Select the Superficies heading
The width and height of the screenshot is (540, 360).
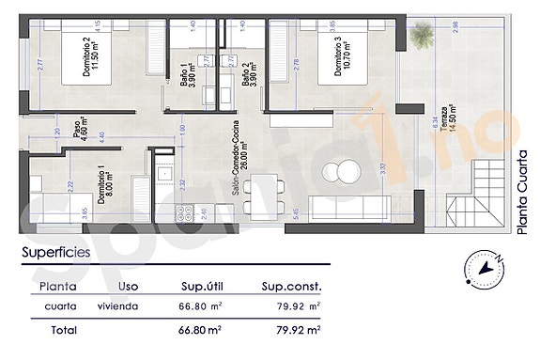(x=56, y=252)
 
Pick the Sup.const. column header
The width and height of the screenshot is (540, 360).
(x=290, y=286)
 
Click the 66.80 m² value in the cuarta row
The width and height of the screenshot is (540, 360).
(x=199, y=306)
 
